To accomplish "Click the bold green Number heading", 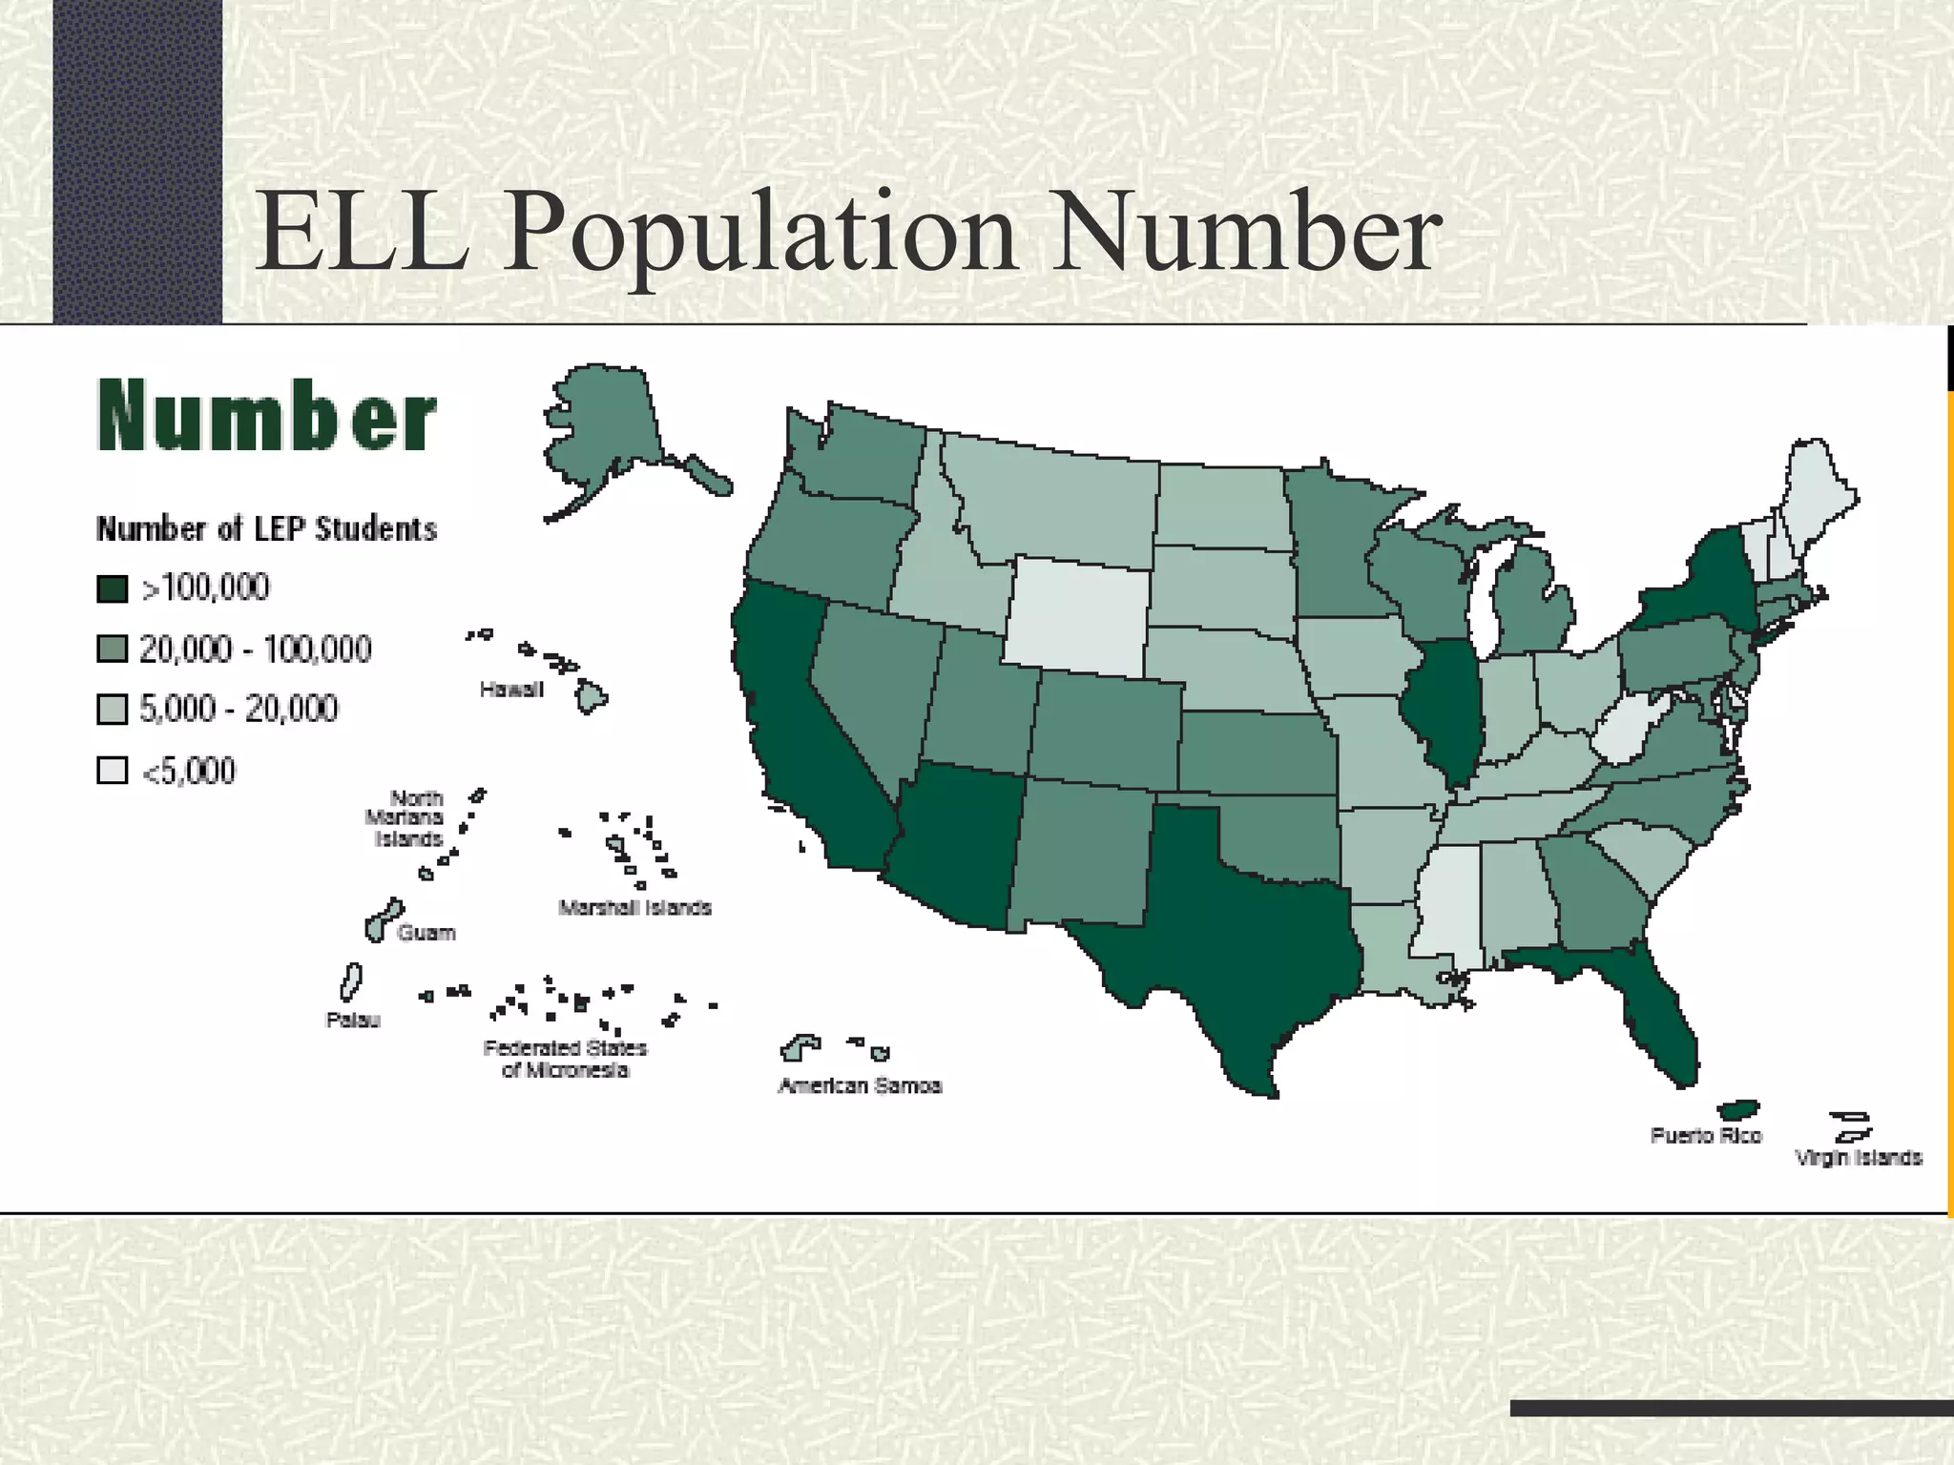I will point(266,417).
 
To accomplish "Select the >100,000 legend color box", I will point(113,588).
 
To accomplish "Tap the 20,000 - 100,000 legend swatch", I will point(113,650).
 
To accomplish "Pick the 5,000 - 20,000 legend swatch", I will point(113,710).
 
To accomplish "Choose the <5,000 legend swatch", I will point(113,771).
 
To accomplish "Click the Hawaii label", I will point(511,690).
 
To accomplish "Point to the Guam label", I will point(426,933).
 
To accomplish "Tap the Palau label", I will point(353,1021).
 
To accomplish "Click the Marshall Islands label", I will point(634,908).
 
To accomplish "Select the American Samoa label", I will point(860,1086).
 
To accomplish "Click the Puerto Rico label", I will point(1706,1136).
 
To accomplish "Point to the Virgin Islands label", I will point(1858,1158).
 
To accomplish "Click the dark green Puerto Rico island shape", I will point(1737,1110).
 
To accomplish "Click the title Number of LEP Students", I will point(266,529).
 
